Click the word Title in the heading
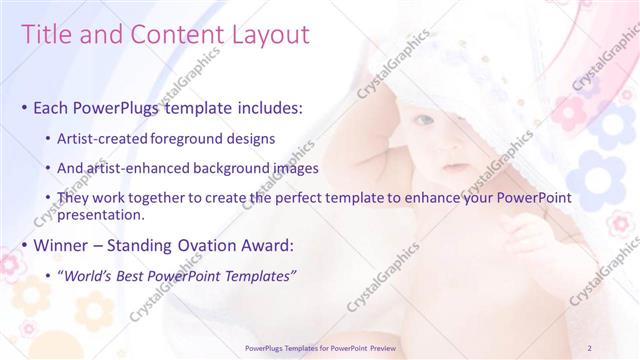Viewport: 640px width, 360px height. [46, 36]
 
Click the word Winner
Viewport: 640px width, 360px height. [65, 243]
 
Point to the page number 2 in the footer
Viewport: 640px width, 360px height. [590, 348]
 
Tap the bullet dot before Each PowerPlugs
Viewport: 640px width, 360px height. [24, 107]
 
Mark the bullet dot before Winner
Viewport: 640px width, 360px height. [24, 244]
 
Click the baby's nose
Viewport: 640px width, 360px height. [448, 146]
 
